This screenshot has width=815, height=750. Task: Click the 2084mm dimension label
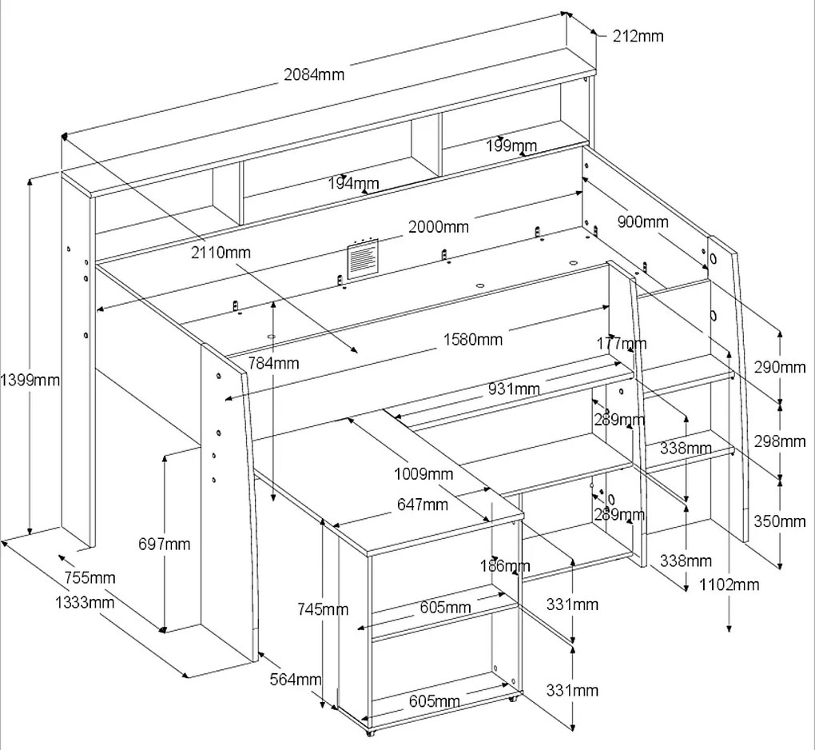pyautogui.click(x=314, y=75)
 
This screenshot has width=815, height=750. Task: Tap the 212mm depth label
pyautogui.click(x=638, y=35)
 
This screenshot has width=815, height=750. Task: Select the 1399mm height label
pyautogui.click(x=30, y=380)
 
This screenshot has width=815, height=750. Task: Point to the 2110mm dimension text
pyautogui.click(x=221, y=253)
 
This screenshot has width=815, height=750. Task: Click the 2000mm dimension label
pyautogui.click(x=438, y=226)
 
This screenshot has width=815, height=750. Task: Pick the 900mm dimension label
pyautogui.click(x=643, y=221)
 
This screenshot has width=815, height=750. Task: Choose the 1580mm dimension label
pyautogui.click(x=473, y=339)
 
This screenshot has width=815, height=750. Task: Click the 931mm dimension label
pyautogui.click(x=515, y=389)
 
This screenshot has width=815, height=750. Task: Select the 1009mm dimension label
pyautogui.click(x=423, y=474)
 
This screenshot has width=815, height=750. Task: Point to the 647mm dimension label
pyautogui.click(x=423, y=505)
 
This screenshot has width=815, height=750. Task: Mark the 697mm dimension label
pyautogui.click(x=164, y=545)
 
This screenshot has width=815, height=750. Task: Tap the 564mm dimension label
pyautogui.click(x=295, y=680)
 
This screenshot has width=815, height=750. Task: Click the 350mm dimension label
pyautogui.click(x=780, y=521)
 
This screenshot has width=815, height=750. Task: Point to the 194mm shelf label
pyautogui.click(x=353, y=184)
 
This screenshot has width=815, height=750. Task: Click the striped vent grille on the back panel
pyautogui.click(x=361, y=259)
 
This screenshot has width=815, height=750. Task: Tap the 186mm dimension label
pyautogui.click(x=505, y=567)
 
